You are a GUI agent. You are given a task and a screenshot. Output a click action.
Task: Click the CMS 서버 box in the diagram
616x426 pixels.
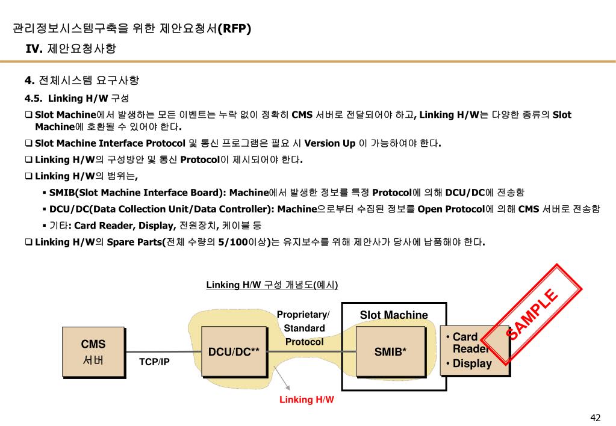(x=93, y=352)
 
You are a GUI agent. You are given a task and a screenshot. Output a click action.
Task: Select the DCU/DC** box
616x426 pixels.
(x=234, y=352)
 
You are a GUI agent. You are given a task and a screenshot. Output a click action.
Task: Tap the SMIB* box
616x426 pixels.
(x=390, y=352)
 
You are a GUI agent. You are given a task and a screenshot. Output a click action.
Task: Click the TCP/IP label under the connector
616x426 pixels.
(x=154, y=362)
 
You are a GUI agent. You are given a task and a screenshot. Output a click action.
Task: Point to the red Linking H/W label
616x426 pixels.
(x=306, y=400)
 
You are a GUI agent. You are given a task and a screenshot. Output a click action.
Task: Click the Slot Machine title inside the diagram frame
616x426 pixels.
(x=394, y=315)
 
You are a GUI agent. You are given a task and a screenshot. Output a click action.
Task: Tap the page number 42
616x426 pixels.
(x=596, y=418)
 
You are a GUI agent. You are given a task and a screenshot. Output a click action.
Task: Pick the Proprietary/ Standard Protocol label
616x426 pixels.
(x=303, y=329)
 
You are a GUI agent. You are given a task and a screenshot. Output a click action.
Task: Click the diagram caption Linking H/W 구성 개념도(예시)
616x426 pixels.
(x=272, y=285)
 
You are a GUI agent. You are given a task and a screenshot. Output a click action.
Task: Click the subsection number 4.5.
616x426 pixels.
(x=33, y=98)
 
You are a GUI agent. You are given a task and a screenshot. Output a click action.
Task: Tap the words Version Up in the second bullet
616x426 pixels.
(x=330, y=143)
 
